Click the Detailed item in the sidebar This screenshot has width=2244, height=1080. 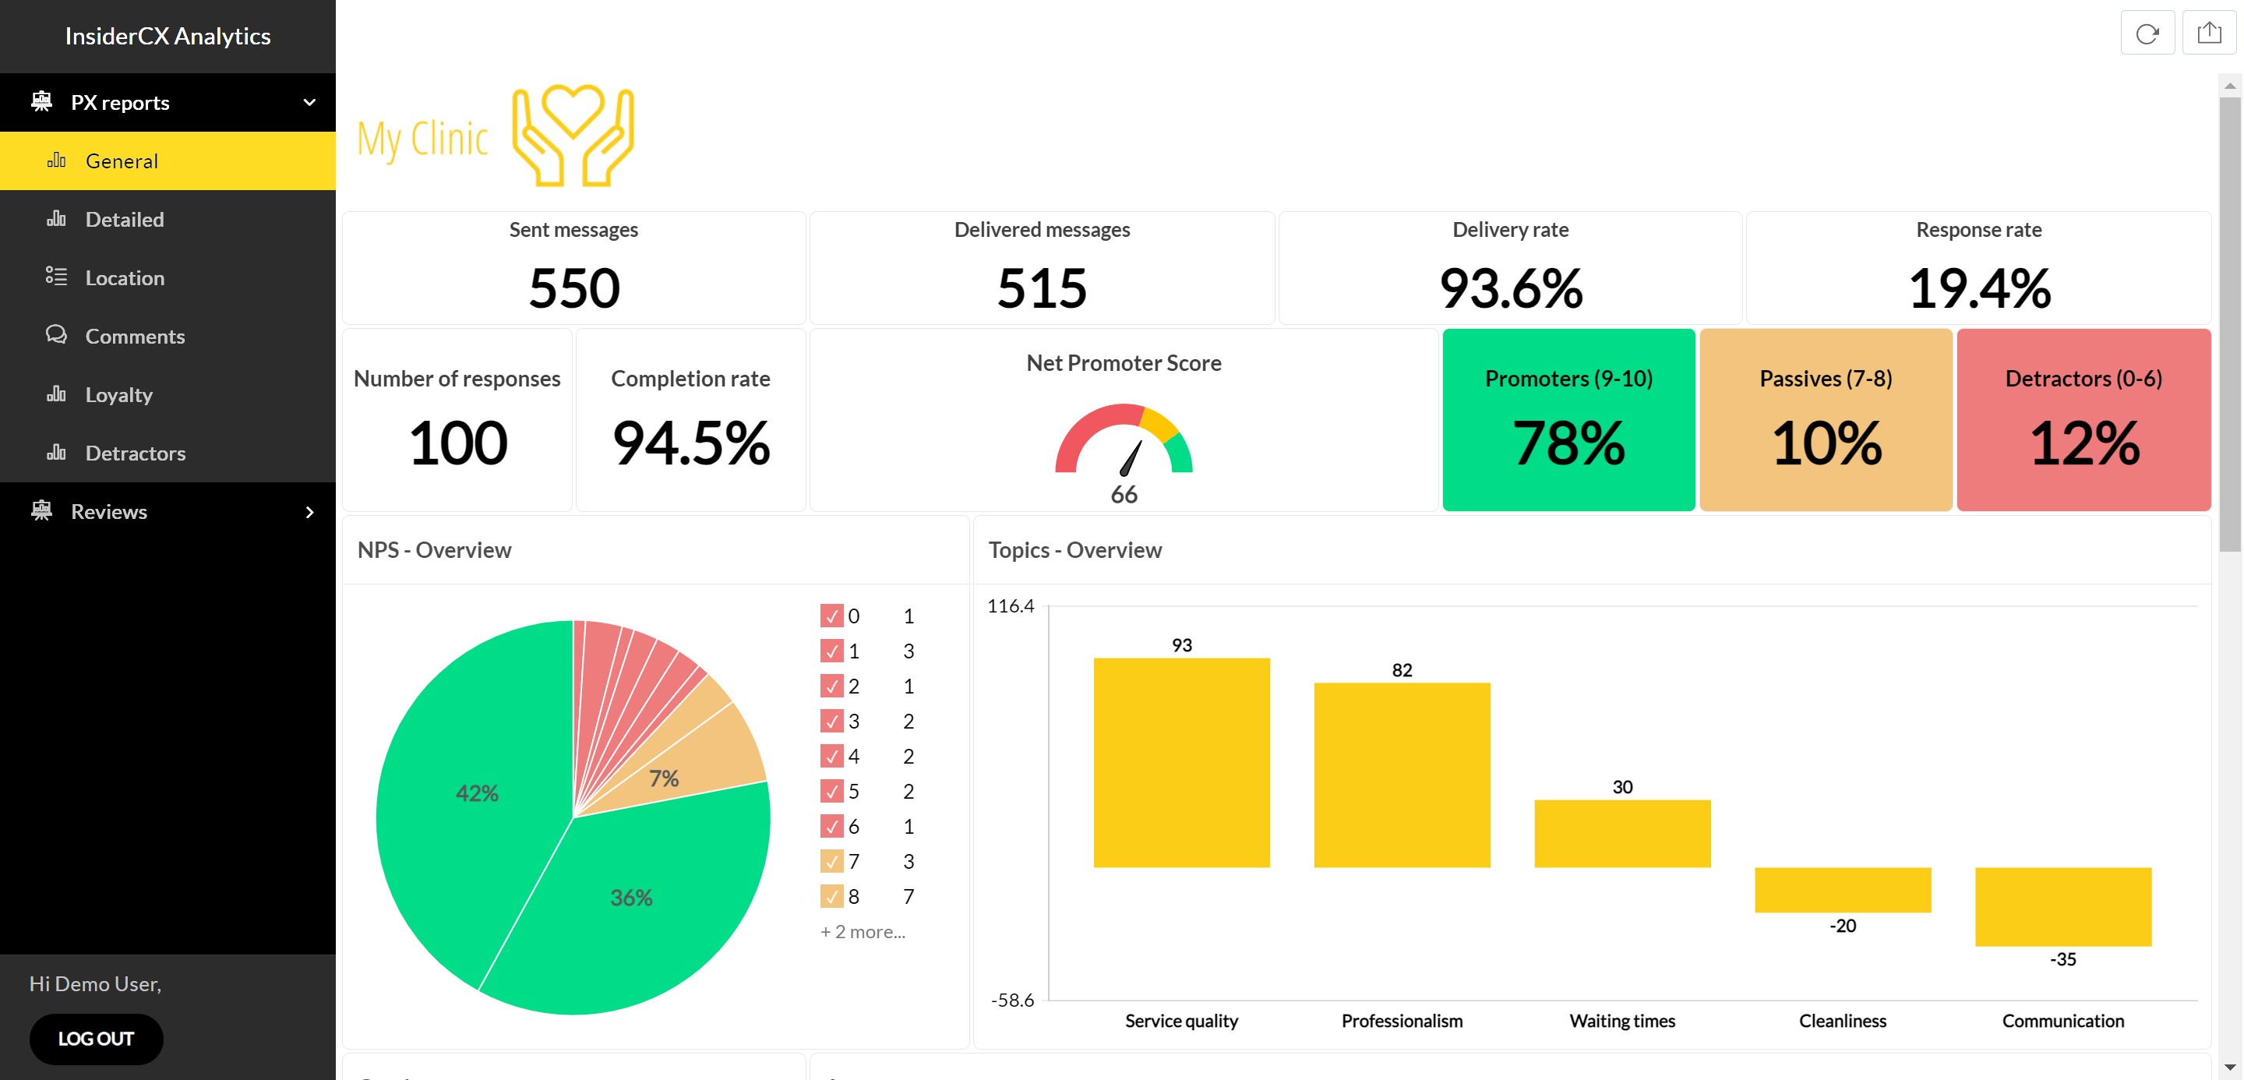124,220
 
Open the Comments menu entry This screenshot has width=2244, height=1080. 134,336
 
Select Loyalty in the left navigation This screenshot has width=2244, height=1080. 118,394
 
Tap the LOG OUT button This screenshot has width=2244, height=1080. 96,1038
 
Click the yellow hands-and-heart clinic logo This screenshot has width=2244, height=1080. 573,136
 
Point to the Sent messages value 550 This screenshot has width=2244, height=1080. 574,288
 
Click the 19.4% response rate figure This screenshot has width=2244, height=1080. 1978,288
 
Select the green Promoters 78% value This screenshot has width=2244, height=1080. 1568,443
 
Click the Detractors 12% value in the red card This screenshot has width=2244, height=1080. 2083,443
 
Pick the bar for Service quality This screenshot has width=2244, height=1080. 1181,762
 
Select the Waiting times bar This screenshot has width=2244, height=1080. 1622,834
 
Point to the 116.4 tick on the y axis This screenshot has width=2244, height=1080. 1011,606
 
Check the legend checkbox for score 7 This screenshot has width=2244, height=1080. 831,861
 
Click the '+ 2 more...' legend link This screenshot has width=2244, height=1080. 863,932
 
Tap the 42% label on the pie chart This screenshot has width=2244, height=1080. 477,793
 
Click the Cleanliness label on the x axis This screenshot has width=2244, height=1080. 1843,1021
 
